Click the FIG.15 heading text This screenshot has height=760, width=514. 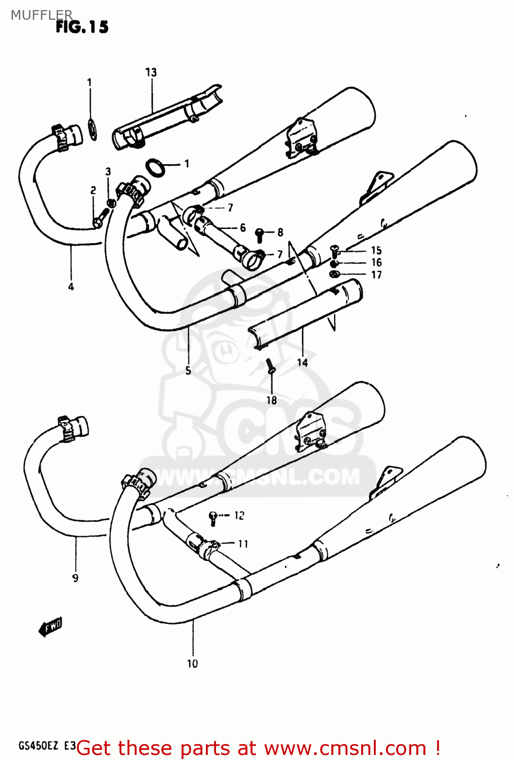pos(82,27)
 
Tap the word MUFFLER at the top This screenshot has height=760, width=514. pos(41,15)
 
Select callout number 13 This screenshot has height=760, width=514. pos(151,72)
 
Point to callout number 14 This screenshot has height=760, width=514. pos(302,362)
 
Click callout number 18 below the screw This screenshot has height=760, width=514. pos(272,400)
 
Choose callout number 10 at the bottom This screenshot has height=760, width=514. pos(193,664)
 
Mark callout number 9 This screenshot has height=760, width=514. pos(75,578)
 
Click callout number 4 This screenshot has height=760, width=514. pos(71,287)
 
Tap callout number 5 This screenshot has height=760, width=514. pos(188,370)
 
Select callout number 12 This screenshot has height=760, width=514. pos(239,516)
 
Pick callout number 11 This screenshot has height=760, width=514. pos(243,544)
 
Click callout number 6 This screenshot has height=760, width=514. pos(243,228)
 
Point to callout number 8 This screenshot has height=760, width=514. pos(280,233)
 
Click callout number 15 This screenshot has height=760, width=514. pos(376,250)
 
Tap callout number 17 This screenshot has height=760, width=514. pos(376,275)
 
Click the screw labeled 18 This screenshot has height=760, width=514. pos(270,365)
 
